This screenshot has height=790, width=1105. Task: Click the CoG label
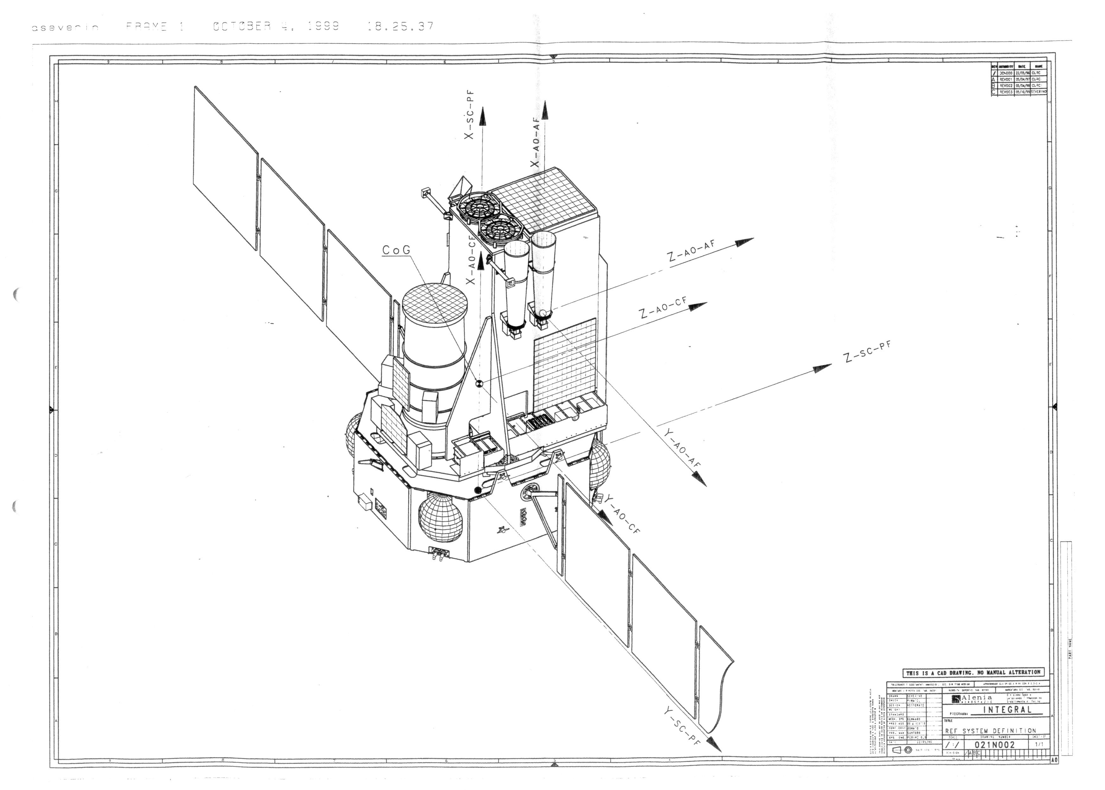click(x=396, y=250)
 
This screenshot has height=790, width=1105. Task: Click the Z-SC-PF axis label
click(x=868, y=351)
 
